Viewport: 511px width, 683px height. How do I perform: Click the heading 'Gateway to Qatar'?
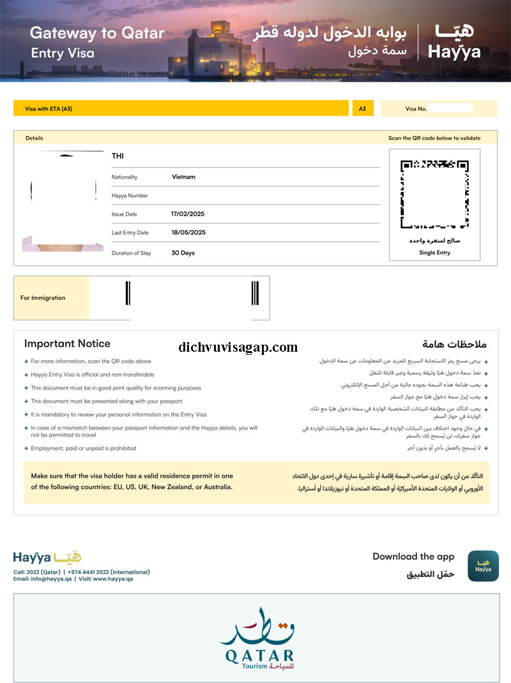[x=97, y=33]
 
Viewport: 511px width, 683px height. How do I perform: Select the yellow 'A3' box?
[x=362, y=109]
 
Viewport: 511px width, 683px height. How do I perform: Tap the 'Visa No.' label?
[x=416, y=109]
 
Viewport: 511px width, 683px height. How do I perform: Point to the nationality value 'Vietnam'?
[x=183, y=177]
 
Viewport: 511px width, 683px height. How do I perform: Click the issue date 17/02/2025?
[x=188, y=214]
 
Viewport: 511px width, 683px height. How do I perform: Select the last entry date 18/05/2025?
[x=188, y=232]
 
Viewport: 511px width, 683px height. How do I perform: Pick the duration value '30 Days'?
[x=183, y=253]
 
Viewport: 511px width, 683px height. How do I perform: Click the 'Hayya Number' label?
[x=130, y=195]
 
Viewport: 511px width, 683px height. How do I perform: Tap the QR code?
[x=434, y=194]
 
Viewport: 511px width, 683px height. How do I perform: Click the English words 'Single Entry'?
[x=434, y=253]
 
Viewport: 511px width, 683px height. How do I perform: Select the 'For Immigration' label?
[x=43, y=297]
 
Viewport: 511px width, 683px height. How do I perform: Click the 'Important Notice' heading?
[x=67, y=343]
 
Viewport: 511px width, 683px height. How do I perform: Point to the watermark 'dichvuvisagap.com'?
[x=238, y=348]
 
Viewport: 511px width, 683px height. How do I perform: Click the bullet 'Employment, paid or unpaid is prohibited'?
[x=83, y=448]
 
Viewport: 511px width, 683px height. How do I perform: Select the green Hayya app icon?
[x=483, y=566]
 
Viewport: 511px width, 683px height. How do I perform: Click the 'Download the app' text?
[x=413, y=557]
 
